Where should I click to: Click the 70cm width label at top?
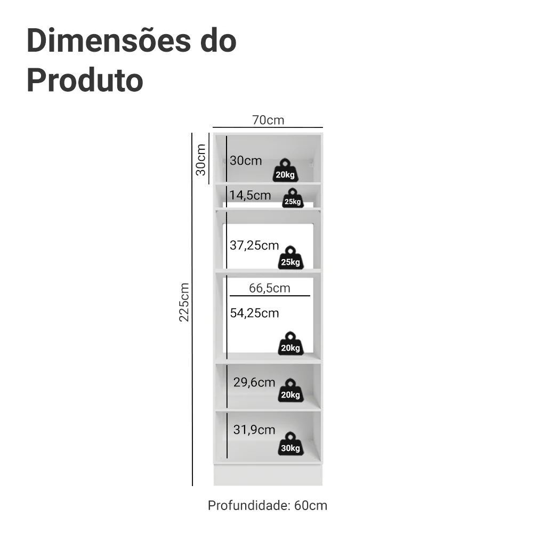268,120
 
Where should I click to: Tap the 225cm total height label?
184,302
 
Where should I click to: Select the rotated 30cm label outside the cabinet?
201,160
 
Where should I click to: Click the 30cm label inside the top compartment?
246,160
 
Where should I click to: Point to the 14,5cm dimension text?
250,195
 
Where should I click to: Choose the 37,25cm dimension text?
254,245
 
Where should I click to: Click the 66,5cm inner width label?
270,288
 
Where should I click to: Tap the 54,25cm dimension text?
254,313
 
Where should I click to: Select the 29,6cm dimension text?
254,382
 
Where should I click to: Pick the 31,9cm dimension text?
254,430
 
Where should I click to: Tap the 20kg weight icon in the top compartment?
286,170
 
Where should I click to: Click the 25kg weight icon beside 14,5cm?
293,198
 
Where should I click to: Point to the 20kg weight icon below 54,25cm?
290,343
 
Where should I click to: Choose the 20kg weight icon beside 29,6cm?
290,390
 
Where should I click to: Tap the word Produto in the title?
85,80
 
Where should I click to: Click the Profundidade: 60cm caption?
268,505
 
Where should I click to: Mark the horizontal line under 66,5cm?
270,296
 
